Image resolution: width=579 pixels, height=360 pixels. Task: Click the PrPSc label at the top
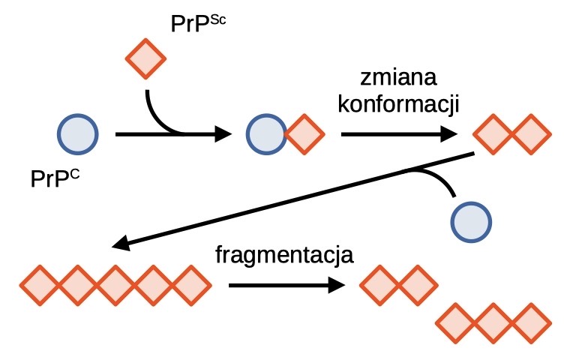[x=198, y=24]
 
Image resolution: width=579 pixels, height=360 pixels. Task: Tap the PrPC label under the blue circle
[x=55, y=179]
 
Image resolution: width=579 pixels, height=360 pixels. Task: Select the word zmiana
[x=398, y=77]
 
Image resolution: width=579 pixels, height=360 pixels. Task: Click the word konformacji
[x=398, y=104]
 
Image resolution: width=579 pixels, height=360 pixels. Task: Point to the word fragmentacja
[x=284, y=255]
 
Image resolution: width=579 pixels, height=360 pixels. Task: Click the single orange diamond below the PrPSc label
[x=145, y=58]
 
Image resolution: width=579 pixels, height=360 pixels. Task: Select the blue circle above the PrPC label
[x=78, y=134]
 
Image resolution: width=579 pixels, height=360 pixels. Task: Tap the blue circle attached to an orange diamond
[x=266, y=134]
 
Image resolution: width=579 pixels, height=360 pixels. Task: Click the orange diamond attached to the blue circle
[x=304, y=134]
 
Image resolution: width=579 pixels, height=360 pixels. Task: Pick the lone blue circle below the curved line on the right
[x=471, y=222]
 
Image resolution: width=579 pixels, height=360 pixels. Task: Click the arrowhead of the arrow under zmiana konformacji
[x=449, y=134]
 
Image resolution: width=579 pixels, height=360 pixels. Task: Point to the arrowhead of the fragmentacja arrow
[x=337, y=286]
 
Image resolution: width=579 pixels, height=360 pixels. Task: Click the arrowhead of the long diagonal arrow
[x=121, y=243]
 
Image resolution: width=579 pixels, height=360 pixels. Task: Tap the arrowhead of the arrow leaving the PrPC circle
[x=223, y=134]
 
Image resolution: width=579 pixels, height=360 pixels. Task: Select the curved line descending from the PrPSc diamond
[x=156, y=119]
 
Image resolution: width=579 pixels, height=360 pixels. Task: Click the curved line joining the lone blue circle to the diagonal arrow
[x=436, y=176]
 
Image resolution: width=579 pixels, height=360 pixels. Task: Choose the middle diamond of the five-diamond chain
[x=115, y=286]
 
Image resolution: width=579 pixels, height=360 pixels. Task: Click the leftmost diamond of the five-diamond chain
[x=40, y=286]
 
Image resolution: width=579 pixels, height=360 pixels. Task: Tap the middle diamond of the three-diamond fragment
[x=493, y=323]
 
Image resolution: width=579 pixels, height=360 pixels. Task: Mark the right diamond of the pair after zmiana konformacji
[x=531, y=134]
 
